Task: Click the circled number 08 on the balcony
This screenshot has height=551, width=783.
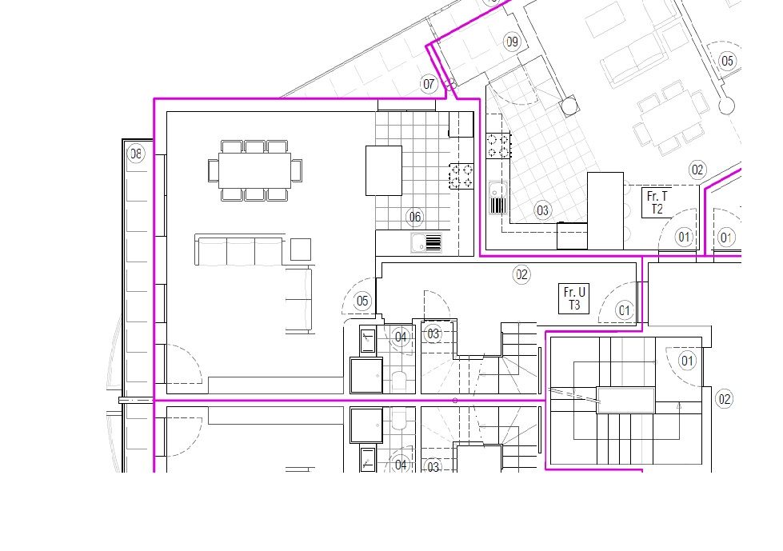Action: pyautogui.click(x=136, y=154)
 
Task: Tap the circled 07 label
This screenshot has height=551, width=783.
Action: pyautogui.click(x=429, y=84)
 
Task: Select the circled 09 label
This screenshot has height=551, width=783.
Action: pyautogui.click(x=513, y=42)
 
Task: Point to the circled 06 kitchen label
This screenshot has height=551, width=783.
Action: pyautogui.click(x=415, y=217)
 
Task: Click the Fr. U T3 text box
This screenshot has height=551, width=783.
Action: pyautogui.click(x=573, y=298)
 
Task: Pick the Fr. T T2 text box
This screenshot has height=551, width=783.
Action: pyautogui.click(x=657, y=202)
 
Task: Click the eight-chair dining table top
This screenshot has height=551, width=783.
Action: pyautogui.click(x=254, y=170)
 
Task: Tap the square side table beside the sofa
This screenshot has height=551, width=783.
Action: pyautogui.click(x=301, y=250)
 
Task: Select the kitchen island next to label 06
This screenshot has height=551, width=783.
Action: pyautogui.click(x=384, y=170)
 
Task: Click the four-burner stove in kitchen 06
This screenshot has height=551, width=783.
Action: pyautogui.click(x=461, y=176)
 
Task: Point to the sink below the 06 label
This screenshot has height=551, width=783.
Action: pyautogui.click(x=426, y=243)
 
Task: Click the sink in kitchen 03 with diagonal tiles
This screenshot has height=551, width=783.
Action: pyautogui.click(x=497, y=198)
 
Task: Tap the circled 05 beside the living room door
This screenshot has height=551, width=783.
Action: pyautogui.click(x=362, y=301)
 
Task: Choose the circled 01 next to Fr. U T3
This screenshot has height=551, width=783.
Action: pyautogui.click(x=624, y=310)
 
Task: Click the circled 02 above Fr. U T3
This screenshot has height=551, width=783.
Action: pyautogui.click(x=521, y=274)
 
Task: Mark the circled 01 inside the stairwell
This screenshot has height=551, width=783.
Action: pyautogui.click(x=688, y=361)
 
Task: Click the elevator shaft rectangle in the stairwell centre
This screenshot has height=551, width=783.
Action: pyautogui.click(x=625, y=401)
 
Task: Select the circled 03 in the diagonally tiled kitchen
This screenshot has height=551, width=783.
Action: pyautogui.click(x=543, y=210)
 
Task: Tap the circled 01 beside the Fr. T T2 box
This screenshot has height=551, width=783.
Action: pyautogui.click(x=684, y=237)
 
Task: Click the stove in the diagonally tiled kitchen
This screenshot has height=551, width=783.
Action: pyautogui.click(x=498, y=146)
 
